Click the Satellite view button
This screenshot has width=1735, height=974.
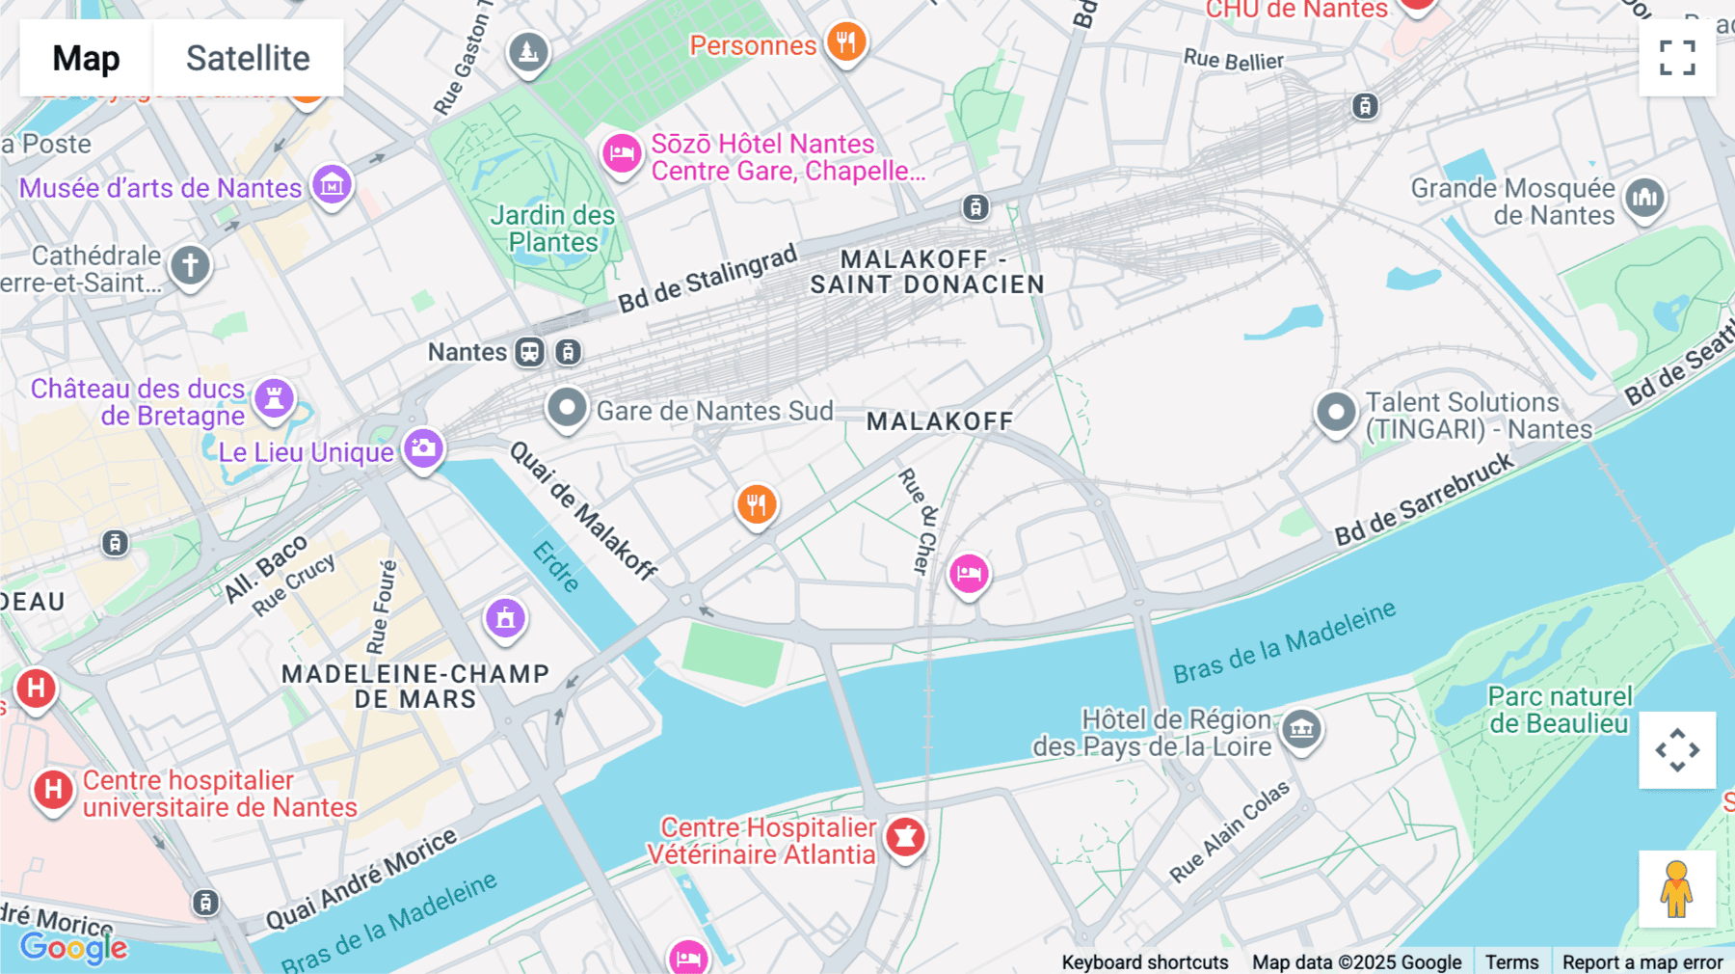pyautogui.click(x=248, y=58)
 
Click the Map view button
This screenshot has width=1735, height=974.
pyautogui.click(x=86, y=58)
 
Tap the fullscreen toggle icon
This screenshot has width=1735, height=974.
pyautogui.click(x=1677, y=58)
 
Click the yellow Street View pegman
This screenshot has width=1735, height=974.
pyautogui.click(x=1677, y=889)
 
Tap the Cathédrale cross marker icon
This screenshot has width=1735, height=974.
pyautogui.click(x=190, y=264)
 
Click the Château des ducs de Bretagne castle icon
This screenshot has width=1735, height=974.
pyautogui.click(x=274, y=397)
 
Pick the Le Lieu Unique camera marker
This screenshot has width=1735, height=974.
pyautogui.click(x=423, y=447)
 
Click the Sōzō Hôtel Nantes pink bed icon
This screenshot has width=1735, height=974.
pyautogui.click(x=622, y=153)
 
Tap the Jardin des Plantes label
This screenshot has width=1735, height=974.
pyautogui.click(x=552, y=229)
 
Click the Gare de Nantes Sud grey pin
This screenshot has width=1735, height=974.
pyautogui.click(x=567, y=408)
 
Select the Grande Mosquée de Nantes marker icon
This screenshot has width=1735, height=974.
pyautogui.click(x=1644, y=198)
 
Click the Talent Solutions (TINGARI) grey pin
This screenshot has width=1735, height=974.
pyautogui.click(x=1336, y=413)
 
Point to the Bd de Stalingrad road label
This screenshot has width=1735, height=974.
pyautogui.click(x=707, y=279)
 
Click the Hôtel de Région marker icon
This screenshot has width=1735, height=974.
pyautogui.click(x=1301, y=729)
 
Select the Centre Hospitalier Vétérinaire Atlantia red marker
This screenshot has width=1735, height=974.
pyautogui.click(x=904, y=837)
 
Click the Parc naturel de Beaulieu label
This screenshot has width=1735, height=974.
pyautogui.click(x=1559, y=710)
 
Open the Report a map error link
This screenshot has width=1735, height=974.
pyautogui.click(x=1642, y=962)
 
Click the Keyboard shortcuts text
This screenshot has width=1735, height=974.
pyautogui.click(x=1144, y=962)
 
